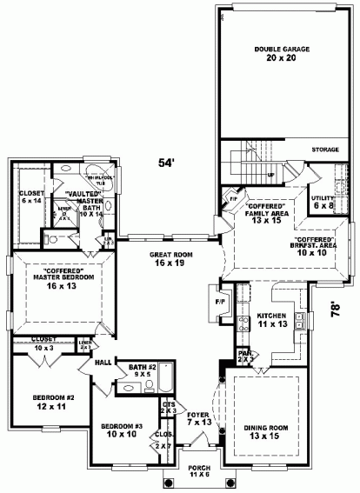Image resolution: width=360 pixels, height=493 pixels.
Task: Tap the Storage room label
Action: pyautogui.click(x=324, y=149)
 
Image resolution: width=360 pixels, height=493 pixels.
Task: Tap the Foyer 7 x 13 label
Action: pyautogui.click(x=198, y=418)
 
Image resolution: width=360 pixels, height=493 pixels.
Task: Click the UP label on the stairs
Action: pyautogui.click(x=270, y=175)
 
